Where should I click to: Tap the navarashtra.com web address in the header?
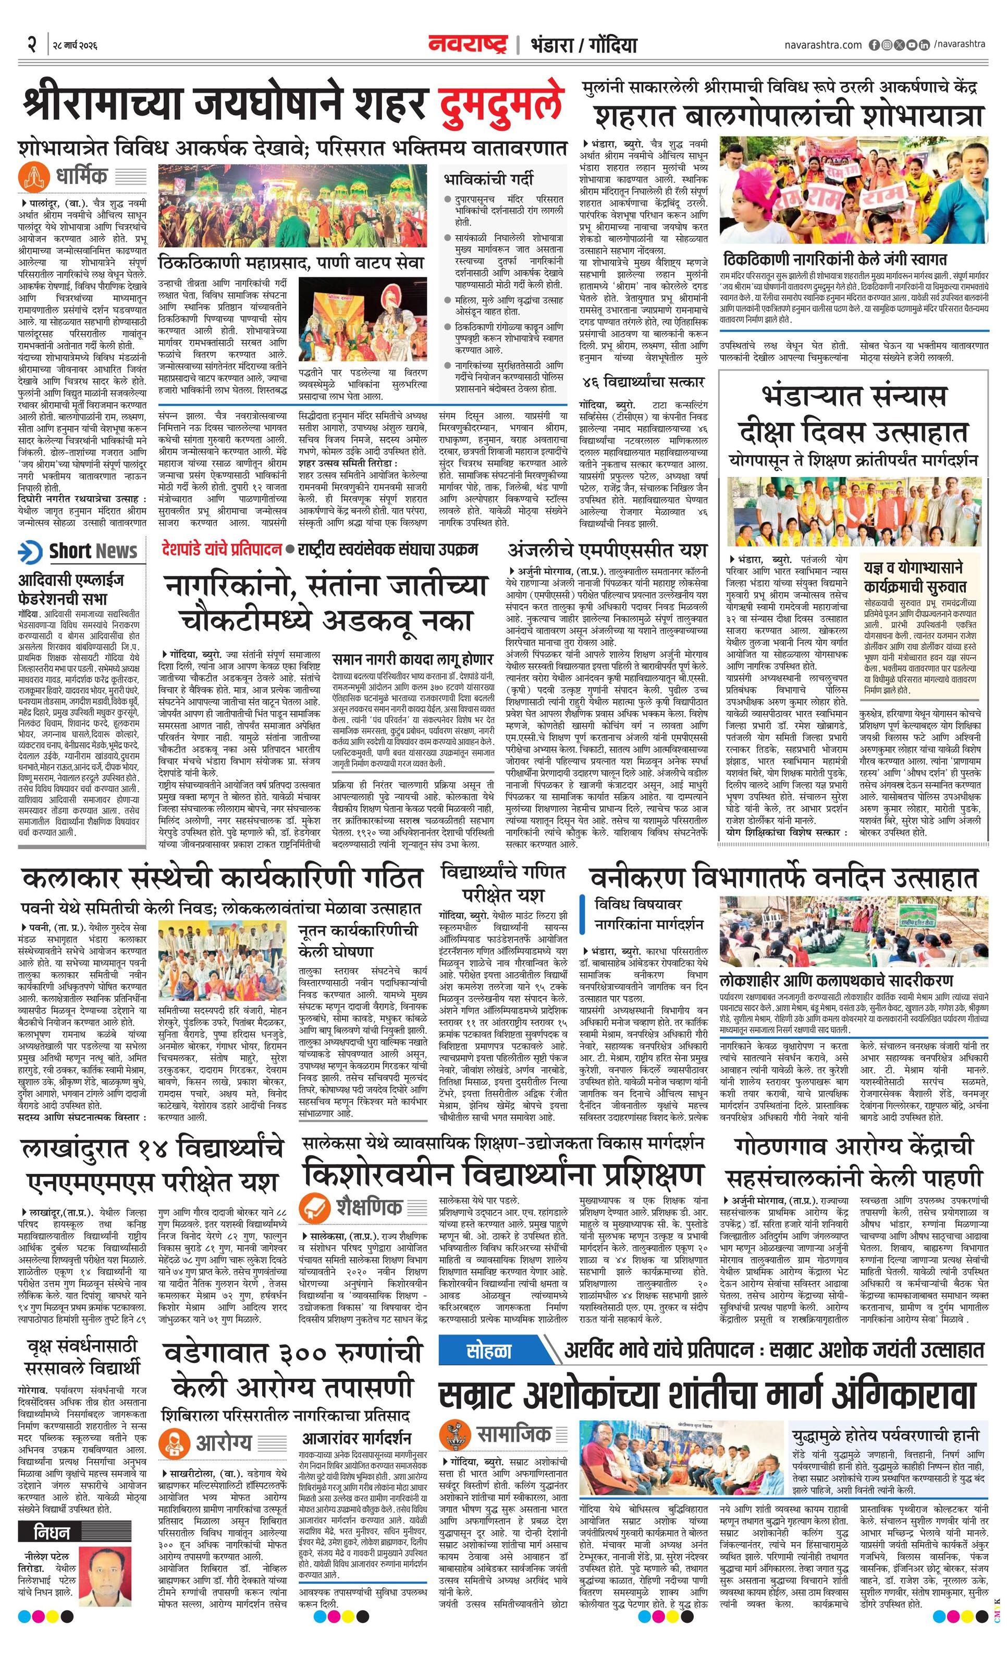click(822, 45)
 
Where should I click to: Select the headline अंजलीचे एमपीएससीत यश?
click(608, 550)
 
